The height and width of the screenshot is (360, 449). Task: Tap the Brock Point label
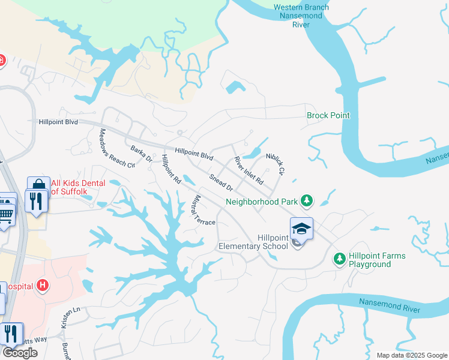tap(328, 115)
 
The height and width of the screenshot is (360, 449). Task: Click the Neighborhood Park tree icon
tap(307, 200)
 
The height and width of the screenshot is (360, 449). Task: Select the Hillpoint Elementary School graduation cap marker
tap(301, 228)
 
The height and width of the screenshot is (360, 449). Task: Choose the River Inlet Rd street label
tap(249, 170)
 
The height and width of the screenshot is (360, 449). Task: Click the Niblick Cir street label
tap(274, 162)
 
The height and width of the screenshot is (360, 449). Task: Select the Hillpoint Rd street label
tap(171, 169)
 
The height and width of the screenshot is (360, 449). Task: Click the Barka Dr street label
tap(142, 154)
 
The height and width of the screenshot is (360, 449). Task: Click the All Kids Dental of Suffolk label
tap(78, 187)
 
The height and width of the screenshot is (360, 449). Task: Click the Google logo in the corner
tap(20, 353)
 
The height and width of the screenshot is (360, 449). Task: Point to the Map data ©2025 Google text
tap(412, 355)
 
